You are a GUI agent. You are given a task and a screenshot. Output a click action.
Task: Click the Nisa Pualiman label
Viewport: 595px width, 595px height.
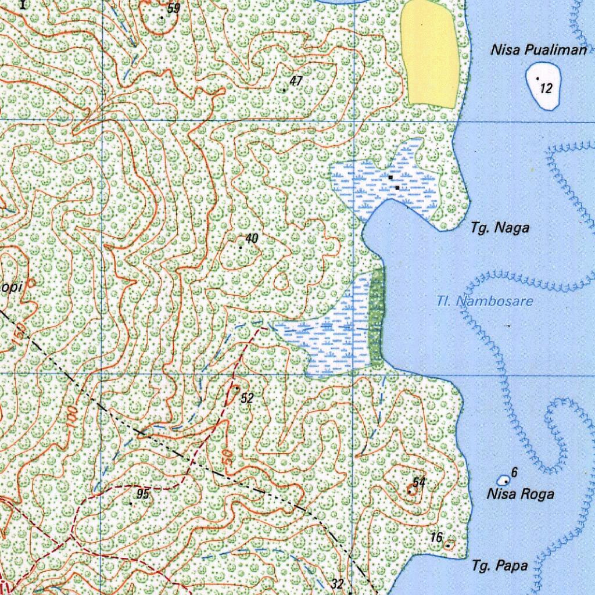(539, 50)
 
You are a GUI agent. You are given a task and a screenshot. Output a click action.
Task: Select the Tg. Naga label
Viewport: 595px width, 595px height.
(500, 228)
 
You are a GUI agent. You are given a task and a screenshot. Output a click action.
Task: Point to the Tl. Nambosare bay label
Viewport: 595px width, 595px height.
(485, 302)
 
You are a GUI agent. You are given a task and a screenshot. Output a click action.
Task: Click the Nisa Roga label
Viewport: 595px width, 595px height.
(520, 494)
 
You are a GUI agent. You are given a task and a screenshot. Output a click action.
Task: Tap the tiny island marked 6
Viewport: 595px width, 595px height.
(504, 481)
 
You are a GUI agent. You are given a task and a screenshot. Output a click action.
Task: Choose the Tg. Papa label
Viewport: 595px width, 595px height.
(500, 565)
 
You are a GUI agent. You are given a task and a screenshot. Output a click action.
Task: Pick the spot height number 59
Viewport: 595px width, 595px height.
(173, 8)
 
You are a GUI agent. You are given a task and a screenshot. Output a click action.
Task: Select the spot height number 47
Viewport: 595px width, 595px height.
(296, 81)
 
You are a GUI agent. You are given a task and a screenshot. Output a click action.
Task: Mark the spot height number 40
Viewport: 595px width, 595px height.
(252, 238)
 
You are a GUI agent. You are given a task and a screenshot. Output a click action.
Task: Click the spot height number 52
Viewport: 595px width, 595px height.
(247, 398)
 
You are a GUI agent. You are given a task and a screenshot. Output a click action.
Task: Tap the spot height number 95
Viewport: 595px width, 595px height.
(143, 494)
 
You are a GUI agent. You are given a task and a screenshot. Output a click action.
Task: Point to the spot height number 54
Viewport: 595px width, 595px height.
(419, 482)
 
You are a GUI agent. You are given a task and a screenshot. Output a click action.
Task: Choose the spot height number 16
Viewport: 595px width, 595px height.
(437, 537)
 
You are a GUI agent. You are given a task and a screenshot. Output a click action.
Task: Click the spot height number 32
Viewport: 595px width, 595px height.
(338, 583)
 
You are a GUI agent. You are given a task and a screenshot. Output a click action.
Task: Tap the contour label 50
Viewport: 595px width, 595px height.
(227, 456)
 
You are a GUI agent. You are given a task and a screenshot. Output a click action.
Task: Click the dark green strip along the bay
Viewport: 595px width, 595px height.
(377, 317)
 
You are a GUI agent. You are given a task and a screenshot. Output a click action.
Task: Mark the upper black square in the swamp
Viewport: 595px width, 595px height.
(391, 177)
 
